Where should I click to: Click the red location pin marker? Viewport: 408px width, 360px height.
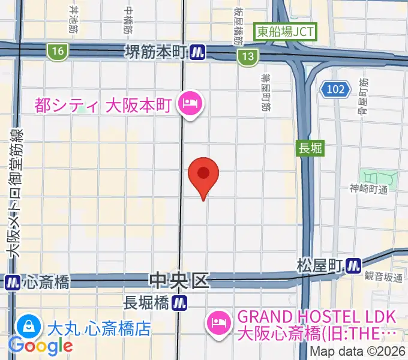click(x=203, y=174)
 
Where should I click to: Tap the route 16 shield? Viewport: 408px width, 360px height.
click(x=58, y=52)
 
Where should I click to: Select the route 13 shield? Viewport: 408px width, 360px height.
click(x=247, y=56)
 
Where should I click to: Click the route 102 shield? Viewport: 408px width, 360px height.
click(x=335, y=89)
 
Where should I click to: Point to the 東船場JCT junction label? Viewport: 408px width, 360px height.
click(x=285, y=32)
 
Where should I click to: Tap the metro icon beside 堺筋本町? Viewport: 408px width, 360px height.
click(x=199, y=53)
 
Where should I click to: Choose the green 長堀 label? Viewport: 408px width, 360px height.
click(x=311, y=148)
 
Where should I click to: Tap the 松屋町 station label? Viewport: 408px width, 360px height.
click(x=319, y=264)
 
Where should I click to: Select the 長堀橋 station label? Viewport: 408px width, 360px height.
click(x=145, y=303)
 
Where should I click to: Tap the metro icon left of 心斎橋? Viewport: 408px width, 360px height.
click(x=11, y=281)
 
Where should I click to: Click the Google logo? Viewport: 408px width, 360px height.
click(x=40, y=346)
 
